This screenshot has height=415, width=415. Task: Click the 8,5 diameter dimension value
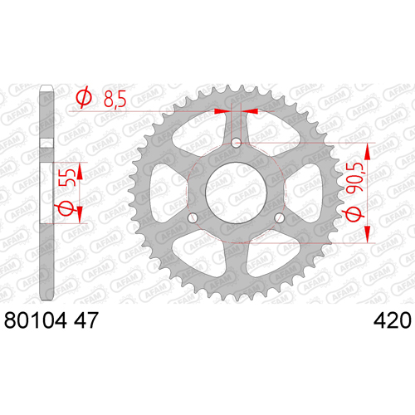pos(115,99)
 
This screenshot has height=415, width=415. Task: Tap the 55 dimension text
pos(67,178)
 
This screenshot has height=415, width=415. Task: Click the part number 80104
pos(36,320)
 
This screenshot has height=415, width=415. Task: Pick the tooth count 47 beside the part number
pos(86,320)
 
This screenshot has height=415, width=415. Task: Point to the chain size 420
pos(392,320)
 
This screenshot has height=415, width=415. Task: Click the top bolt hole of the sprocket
pos(236,144)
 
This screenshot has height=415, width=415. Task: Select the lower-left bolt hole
pos(193,218)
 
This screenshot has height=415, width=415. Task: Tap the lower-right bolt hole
pos(279,218)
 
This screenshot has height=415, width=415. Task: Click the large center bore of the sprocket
pos(236,193)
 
